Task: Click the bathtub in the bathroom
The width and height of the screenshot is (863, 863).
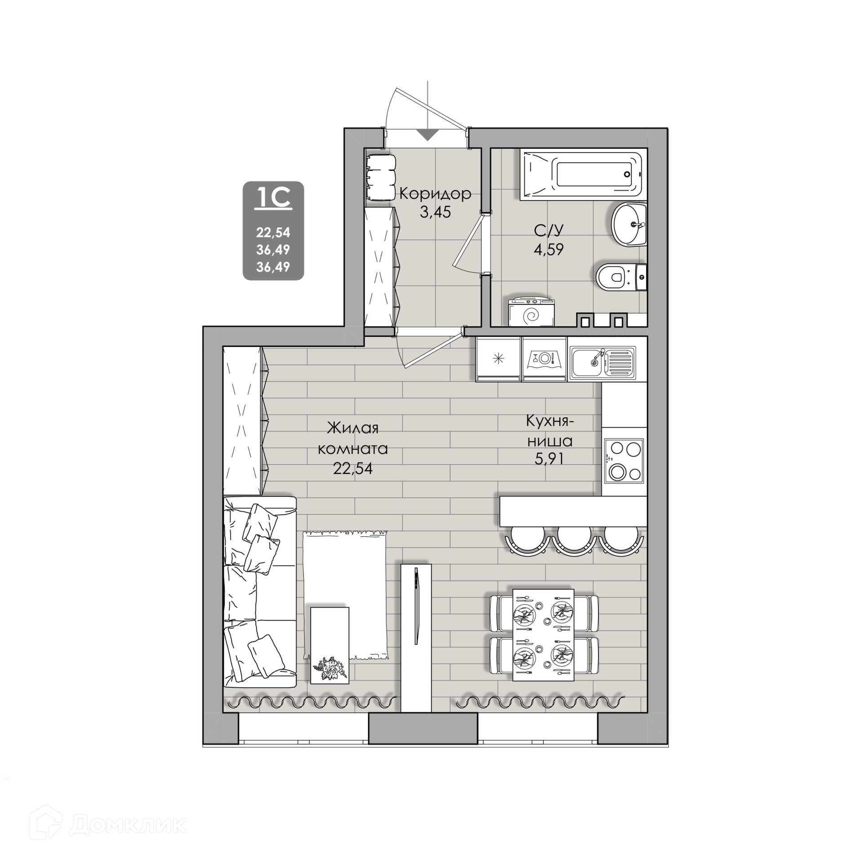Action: coord(583,175)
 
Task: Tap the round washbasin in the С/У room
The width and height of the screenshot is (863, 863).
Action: coord(629,224)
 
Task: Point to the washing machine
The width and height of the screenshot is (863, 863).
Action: coord(531,312)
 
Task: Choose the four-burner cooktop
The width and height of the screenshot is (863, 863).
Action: coord(623,461)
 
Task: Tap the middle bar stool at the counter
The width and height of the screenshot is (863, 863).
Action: coord(574,540)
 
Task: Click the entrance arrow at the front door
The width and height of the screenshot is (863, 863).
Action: coord(427,134)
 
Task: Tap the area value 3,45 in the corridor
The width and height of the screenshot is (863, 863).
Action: coord(435,212)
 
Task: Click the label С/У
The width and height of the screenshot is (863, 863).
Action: coord(548,230)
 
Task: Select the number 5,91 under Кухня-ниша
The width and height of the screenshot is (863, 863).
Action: coord(549,459)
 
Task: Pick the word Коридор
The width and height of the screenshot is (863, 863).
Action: coord(435,193)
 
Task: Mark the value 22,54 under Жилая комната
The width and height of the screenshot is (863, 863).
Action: coord(353,468)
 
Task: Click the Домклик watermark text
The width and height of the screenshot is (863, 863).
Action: coord(129,825)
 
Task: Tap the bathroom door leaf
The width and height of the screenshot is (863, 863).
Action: coord(467,240)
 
